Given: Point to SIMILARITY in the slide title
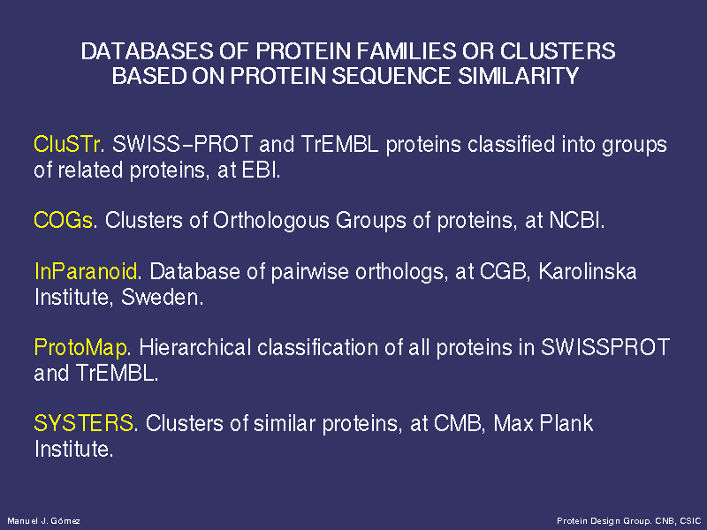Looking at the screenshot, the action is coord(519,76).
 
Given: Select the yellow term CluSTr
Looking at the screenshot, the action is coord(68,144).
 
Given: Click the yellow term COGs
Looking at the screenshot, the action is coord(64,220).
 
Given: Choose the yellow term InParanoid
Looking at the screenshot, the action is coord(86,271).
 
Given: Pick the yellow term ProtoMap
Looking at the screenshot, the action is coord(80,348).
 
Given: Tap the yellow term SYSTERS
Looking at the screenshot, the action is coord(84,424).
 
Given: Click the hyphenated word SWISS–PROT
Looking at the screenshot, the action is coord(182,144).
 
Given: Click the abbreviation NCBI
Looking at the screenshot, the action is coord(576,220).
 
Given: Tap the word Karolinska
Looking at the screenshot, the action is coord(588,271).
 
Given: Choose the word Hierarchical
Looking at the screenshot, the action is coord(194,347).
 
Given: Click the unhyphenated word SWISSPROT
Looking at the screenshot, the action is coord(605,347).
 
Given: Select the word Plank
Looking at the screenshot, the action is coord(566,424).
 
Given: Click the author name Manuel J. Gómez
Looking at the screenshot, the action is coord(43,521).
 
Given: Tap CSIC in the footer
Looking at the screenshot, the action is coord(690,521).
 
